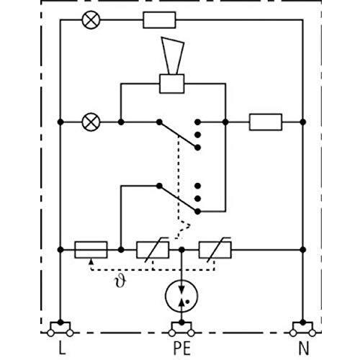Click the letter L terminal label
click(x=62, y=348)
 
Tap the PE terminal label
click(x=182, y=348)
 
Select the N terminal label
click(x=304, y=348)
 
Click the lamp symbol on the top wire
click(x=91, y=20)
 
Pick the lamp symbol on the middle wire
click(x=91, y=122)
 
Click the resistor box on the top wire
click(x=159, y=20)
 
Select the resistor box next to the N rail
click(x=266, y=122)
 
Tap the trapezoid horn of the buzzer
click(x=173, y=55)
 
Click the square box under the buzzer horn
click(x=172, y=84)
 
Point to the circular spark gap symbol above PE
click(x=181, y=296)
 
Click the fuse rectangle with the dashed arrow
click(x=91, y=250)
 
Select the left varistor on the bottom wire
click(x=153, y=250)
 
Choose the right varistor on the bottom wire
click(x=215, y=250)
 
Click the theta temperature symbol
click(x=120, y=281)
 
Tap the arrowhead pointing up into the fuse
click(x=91, y=261)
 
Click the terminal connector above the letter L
click(x=60, y=329)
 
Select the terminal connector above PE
click(x=181, y=329)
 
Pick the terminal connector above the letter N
click(x=302, y=329)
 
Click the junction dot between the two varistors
click(x=181, y=250)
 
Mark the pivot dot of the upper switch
click(x=159, y=122)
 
